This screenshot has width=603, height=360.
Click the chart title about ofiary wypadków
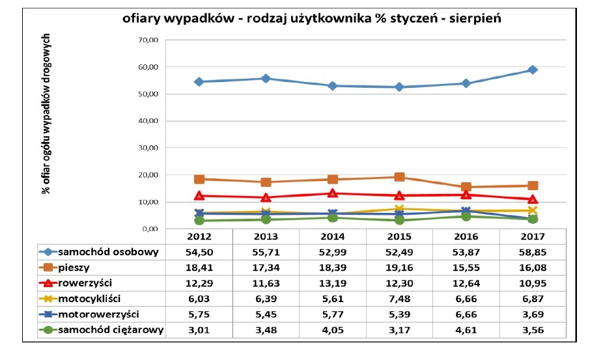pyautogui.click(x=311, y=18)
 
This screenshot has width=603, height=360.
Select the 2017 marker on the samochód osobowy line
pyautogui.click(x=532, y=70)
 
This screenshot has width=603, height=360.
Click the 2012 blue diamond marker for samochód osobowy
pyautogui.click(x=199, y=81)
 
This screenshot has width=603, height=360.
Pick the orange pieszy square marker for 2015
pyautogui.click(x=399, y=177)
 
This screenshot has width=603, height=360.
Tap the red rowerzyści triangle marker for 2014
pyautogui.click(x=333, y=193)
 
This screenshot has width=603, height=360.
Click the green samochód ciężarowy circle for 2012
pyautogui.click(x=199, y=221)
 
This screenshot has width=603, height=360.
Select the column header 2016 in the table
pyautogui.click(x=466, y=237)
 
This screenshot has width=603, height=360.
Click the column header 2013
pyautogui.click(x=266, y=237)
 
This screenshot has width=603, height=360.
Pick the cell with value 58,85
pyautogui.click(x=532, y=253)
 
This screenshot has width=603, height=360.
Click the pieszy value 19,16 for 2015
pyautogui.click(x=399, y=268)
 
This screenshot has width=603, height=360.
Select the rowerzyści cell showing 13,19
pyautogui.click(x=333, y=283)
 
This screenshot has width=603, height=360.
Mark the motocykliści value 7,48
pyautogui.click(x=399, y=298)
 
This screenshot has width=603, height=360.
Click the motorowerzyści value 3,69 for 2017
pyautogui.click(x=532, y=314)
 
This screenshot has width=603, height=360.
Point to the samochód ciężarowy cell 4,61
pyautogui.click(x=466, y=329)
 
